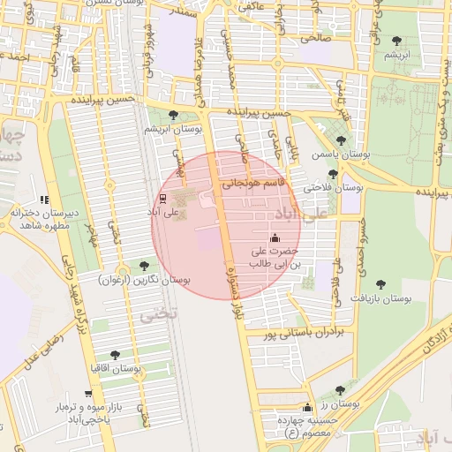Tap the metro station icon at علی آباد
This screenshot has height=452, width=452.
(x=162, y=199)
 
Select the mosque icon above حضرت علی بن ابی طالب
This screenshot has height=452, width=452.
(x=275, y=237)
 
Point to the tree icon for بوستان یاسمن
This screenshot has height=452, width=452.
(x=341, y=140)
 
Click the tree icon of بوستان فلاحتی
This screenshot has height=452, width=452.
(x=333, y=174)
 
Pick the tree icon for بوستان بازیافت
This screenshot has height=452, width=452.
(x=380, y=284)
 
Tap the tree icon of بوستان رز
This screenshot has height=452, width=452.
(x=340, y=390)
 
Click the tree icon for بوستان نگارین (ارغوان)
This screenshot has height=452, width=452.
(x=144, y=265)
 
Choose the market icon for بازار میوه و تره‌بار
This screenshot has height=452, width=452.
(x=87, y=394)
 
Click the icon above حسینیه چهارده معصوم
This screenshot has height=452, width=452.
(x=307, y=408)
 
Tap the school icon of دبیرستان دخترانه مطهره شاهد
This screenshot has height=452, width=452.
(x=45, y=200)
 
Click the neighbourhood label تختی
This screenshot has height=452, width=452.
(x=160, y=313)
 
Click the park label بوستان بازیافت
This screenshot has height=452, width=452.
(x=384, y=298)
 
